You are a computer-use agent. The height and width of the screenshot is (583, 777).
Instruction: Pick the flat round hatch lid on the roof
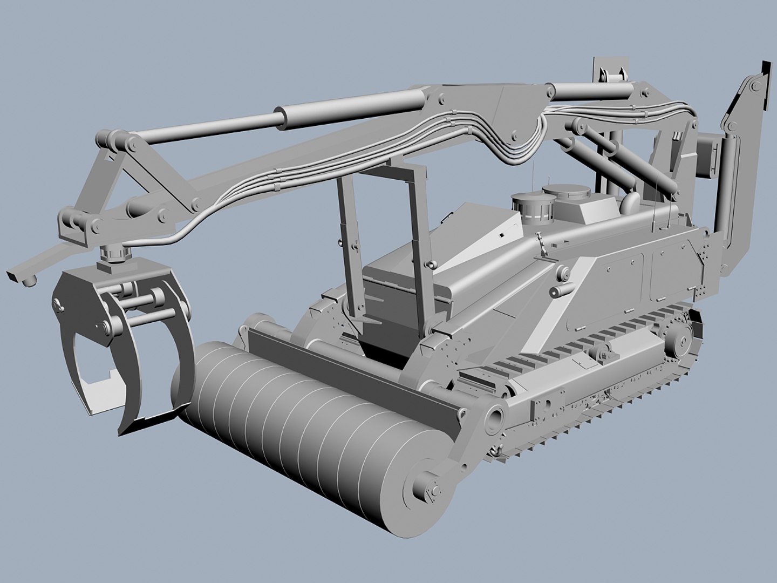tap(564, 191)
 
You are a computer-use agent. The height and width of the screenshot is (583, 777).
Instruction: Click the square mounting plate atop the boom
tap(611, 69)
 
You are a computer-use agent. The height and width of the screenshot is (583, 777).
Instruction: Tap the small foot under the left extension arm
tap(30, 280)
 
